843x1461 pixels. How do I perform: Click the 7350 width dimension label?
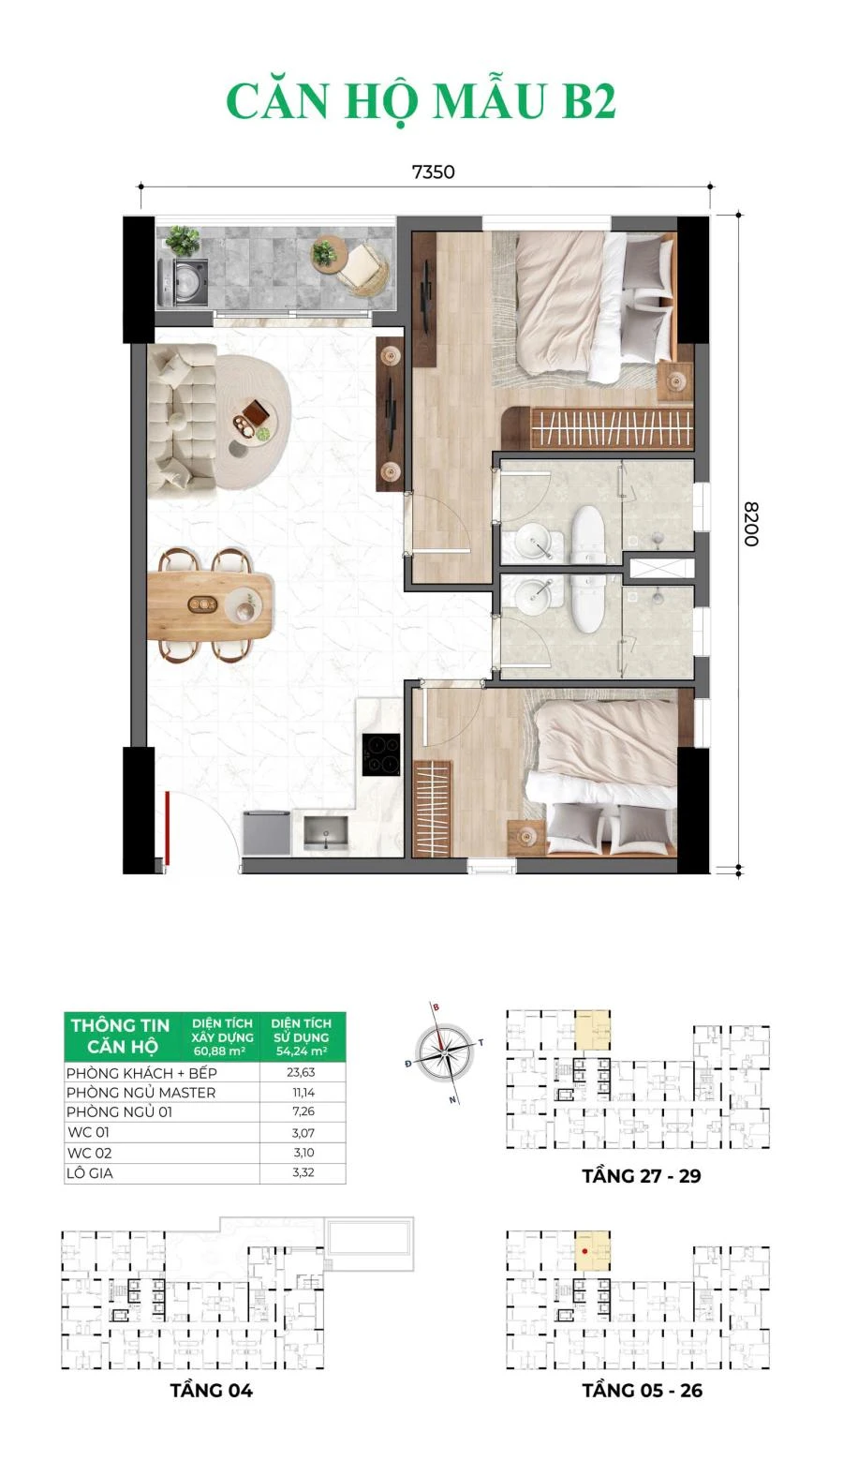(x=433, y=172)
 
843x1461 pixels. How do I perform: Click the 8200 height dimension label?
(x=751, y=524)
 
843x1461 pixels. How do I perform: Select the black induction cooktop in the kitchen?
(x=381, y=754)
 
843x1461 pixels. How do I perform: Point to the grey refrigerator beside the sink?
(x=267, y=833)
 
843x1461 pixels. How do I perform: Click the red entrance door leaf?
(x=168, y=828)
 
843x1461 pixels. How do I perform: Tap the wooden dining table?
(x=210, y=606)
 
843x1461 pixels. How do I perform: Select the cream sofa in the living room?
(x=182, y=422)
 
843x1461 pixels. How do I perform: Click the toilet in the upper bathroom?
(x=589, y=533)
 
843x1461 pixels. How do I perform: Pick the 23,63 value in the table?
(x=301, y=1072)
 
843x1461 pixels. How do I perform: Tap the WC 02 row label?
(x=89, y=1153)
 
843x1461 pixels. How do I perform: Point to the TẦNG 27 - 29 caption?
(x=641, y=1176)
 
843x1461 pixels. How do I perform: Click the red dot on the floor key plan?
(x=584, y=1252)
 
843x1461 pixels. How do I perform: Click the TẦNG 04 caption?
(x=212, y=1391)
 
